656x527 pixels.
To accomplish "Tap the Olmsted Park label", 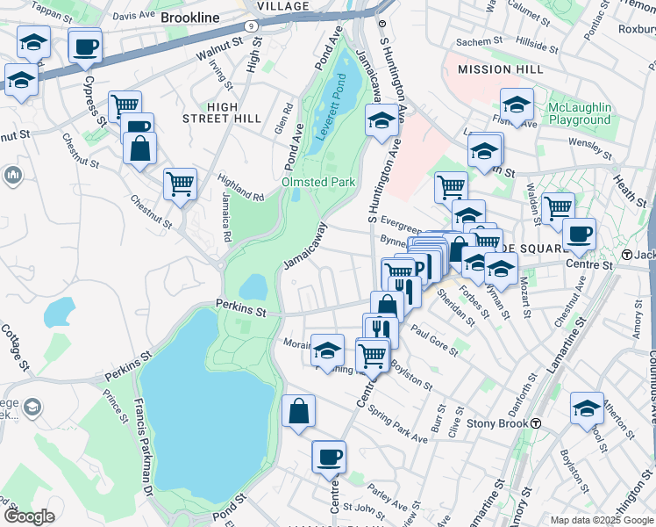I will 317,182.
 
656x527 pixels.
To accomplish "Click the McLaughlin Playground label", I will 579,113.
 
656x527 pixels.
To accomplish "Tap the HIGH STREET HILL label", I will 222,112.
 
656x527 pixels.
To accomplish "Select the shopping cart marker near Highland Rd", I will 180,184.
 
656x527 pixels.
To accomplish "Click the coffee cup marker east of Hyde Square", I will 579,235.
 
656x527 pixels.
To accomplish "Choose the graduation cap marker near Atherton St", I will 587,408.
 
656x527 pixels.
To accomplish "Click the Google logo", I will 29,516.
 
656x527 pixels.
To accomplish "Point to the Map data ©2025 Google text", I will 600,520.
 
